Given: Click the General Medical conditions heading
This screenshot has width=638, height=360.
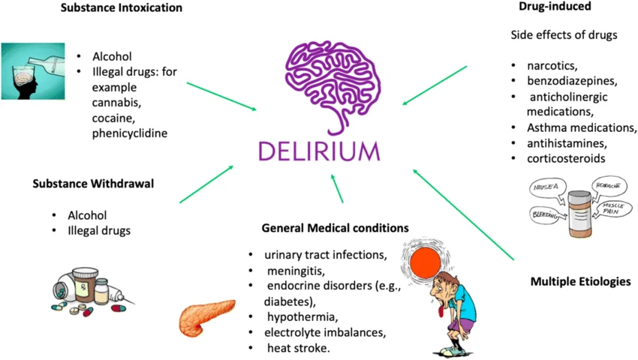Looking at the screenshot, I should [335, 227].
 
